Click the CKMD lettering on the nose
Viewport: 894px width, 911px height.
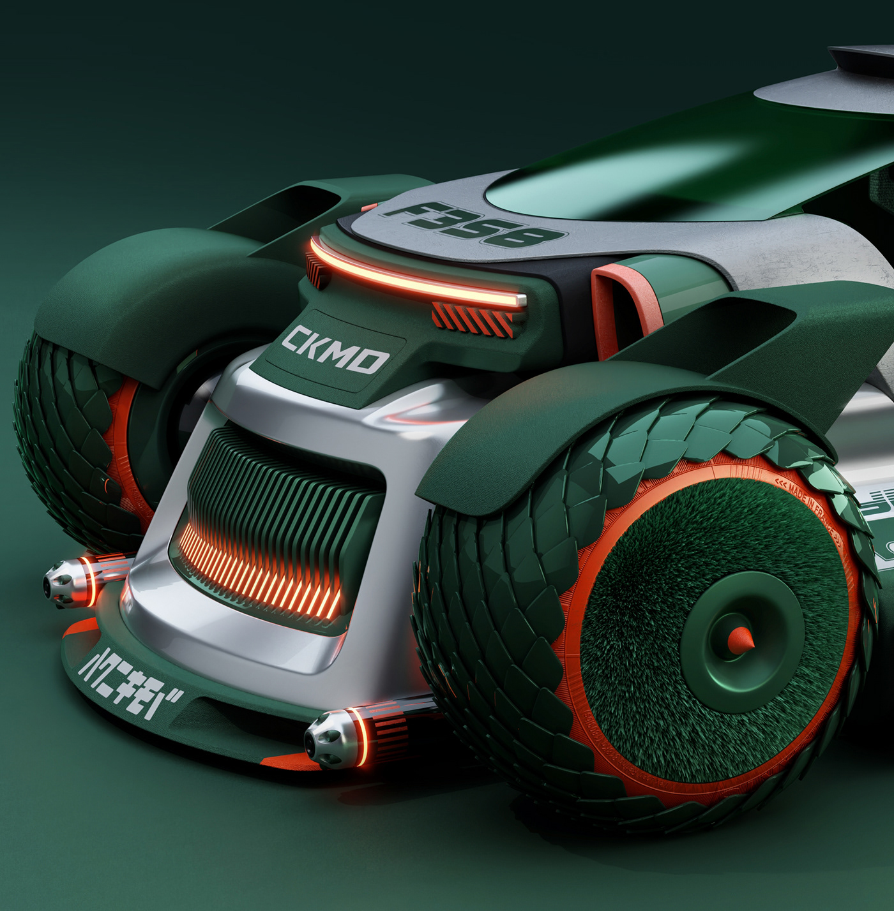335,350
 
